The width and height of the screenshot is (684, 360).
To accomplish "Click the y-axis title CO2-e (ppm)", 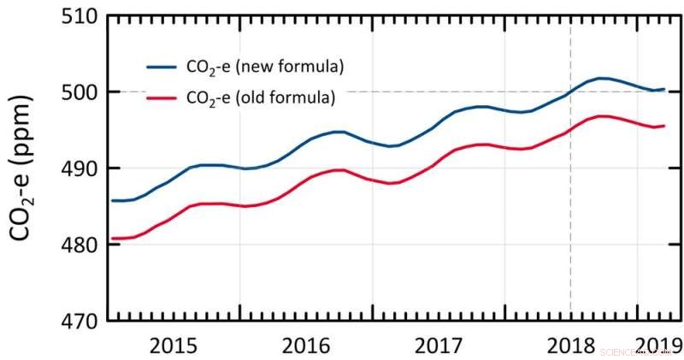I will point(26,168).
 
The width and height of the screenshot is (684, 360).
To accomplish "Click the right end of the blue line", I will point(664,89).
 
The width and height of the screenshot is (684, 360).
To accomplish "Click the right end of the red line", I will point(664,126).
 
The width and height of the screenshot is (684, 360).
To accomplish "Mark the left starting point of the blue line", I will point(112,200).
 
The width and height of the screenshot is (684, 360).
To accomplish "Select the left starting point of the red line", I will point(112,239).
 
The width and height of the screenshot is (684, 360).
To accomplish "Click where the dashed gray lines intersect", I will point(570,91).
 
